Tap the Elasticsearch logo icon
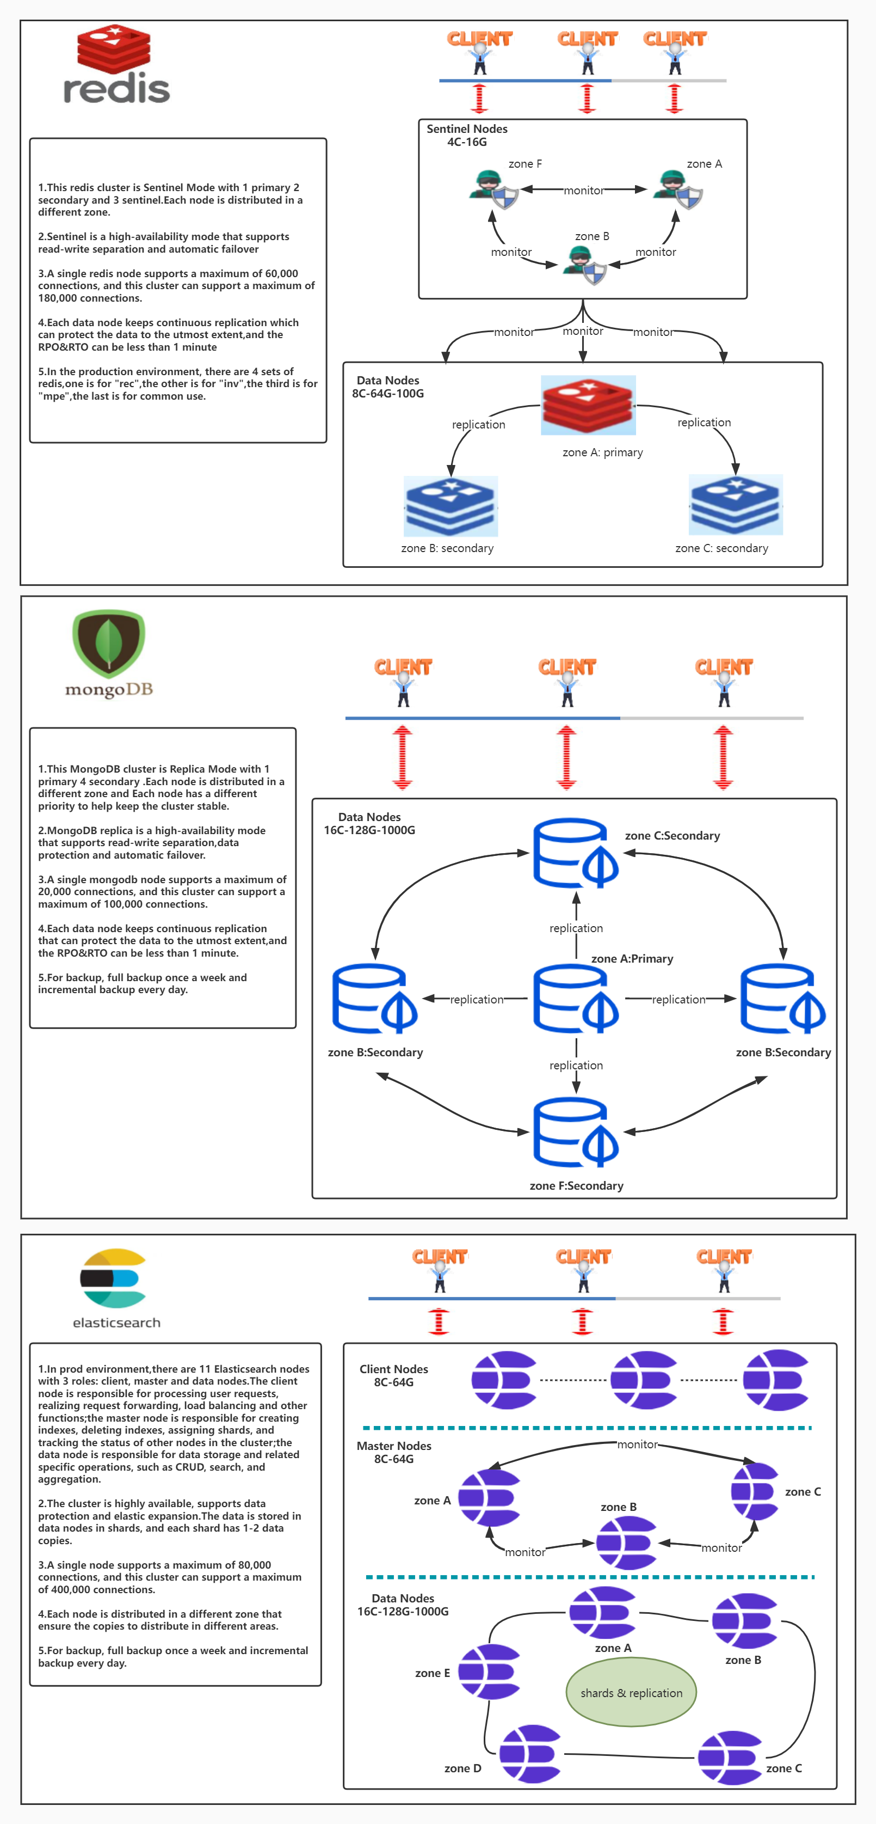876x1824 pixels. tap(113, 1278)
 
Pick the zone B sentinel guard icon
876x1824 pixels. tap(584, 265)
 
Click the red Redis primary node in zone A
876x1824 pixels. tap(588, 405)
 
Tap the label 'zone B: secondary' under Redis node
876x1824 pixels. tap(447, 548)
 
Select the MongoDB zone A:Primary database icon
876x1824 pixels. tap(575, 999)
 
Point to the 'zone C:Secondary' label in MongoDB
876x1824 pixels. tap(671, 836)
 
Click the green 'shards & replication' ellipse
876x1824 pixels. tap(631, 1693)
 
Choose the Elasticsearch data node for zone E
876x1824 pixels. tap(489, 1672)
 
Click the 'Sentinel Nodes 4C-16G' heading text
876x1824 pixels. tap(467, 135)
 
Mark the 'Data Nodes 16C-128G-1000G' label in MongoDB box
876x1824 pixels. tap(369, 823)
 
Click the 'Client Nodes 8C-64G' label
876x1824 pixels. tap(393, 1375)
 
